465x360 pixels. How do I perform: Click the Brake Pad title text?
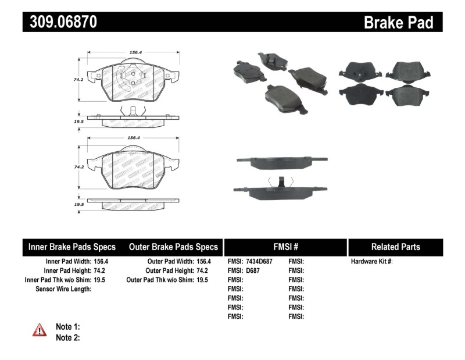tap(398, 22)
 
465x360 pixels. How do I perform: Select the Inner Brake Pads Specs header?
tap(72, 247)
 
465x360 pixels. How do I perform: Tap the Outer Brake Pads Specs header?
tap(173, 247)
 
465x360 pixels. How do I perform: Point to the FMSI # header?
tap(285, 247)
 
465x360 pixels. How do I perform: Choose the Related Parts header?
tap(395, 247)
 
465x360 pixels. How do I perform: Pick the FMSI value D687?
tap(253, 270)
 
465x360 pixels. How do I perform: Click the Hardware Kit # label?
tap(371, 262)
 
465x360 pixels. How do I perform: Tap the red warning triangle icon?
tap(39, 330)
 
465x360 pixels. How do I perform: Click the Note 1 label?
tap(67, 327)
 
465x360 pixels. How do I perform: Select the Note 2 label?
tap(67, 337)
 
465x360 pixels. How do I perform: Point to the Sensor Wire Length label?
tap(63, 288)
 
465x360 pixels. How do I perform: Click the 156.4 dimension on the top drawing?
tap(135, 52)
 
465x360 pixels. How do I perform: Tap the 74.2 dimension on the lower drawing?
tap(77, 166)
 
